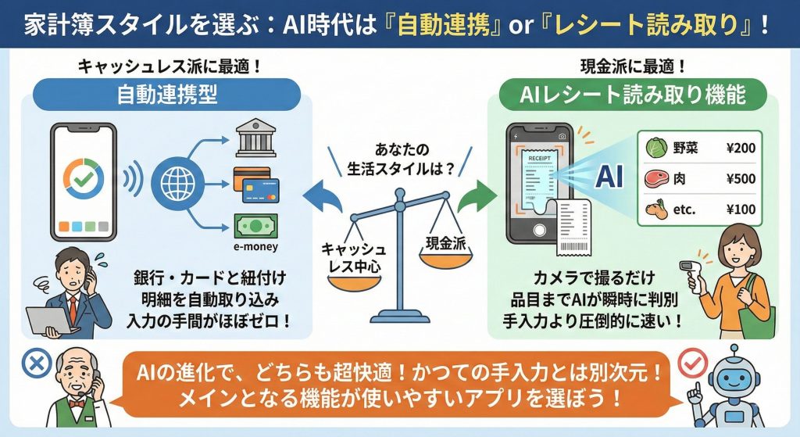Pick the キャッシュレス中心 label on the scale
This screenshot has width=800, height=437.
point(348,259)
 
